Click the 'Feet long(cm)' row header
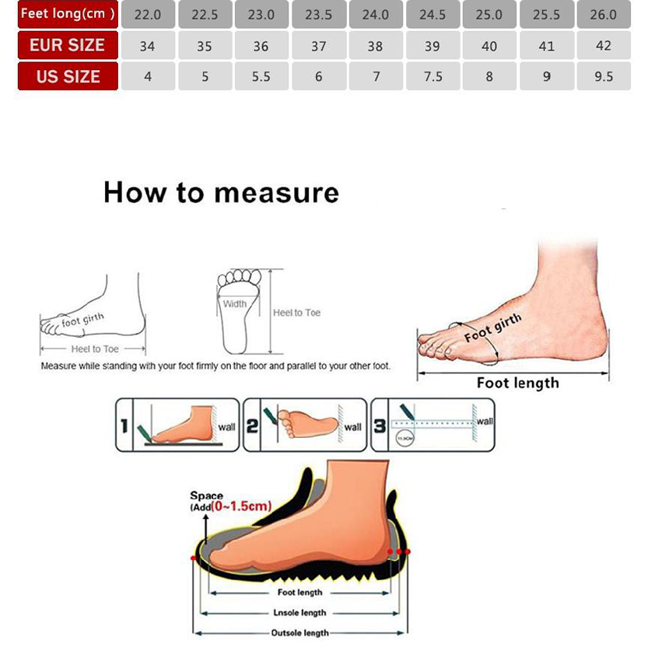coord(68,14)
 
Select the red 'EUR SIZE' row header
coord(68,45)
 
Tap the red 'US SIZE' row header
coord(68,76)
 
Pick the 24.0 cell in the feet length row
coord(375,15)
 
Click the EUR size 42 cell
coord(603,45)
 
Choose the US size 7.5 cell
coord(433,76)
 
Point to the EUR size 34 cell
coord(147,46)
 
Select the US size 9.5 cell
coord(603,76)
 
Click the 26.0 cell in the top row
coord(603,15)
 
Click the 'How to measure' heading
coord(221,192)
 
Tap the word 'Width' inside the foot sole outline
coord(234,304)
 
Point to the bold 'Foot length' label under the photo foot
coord(517,383)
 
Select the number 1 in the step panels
coord(124,426)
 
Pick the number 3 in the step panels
coord(380,426)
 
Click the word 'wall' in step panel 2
coord(352,426)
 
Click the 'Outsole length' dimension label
coord(299,633)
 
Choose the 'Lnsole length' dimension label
coord(299,613)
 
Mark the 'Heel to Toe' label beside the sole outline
coord(296,313)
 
